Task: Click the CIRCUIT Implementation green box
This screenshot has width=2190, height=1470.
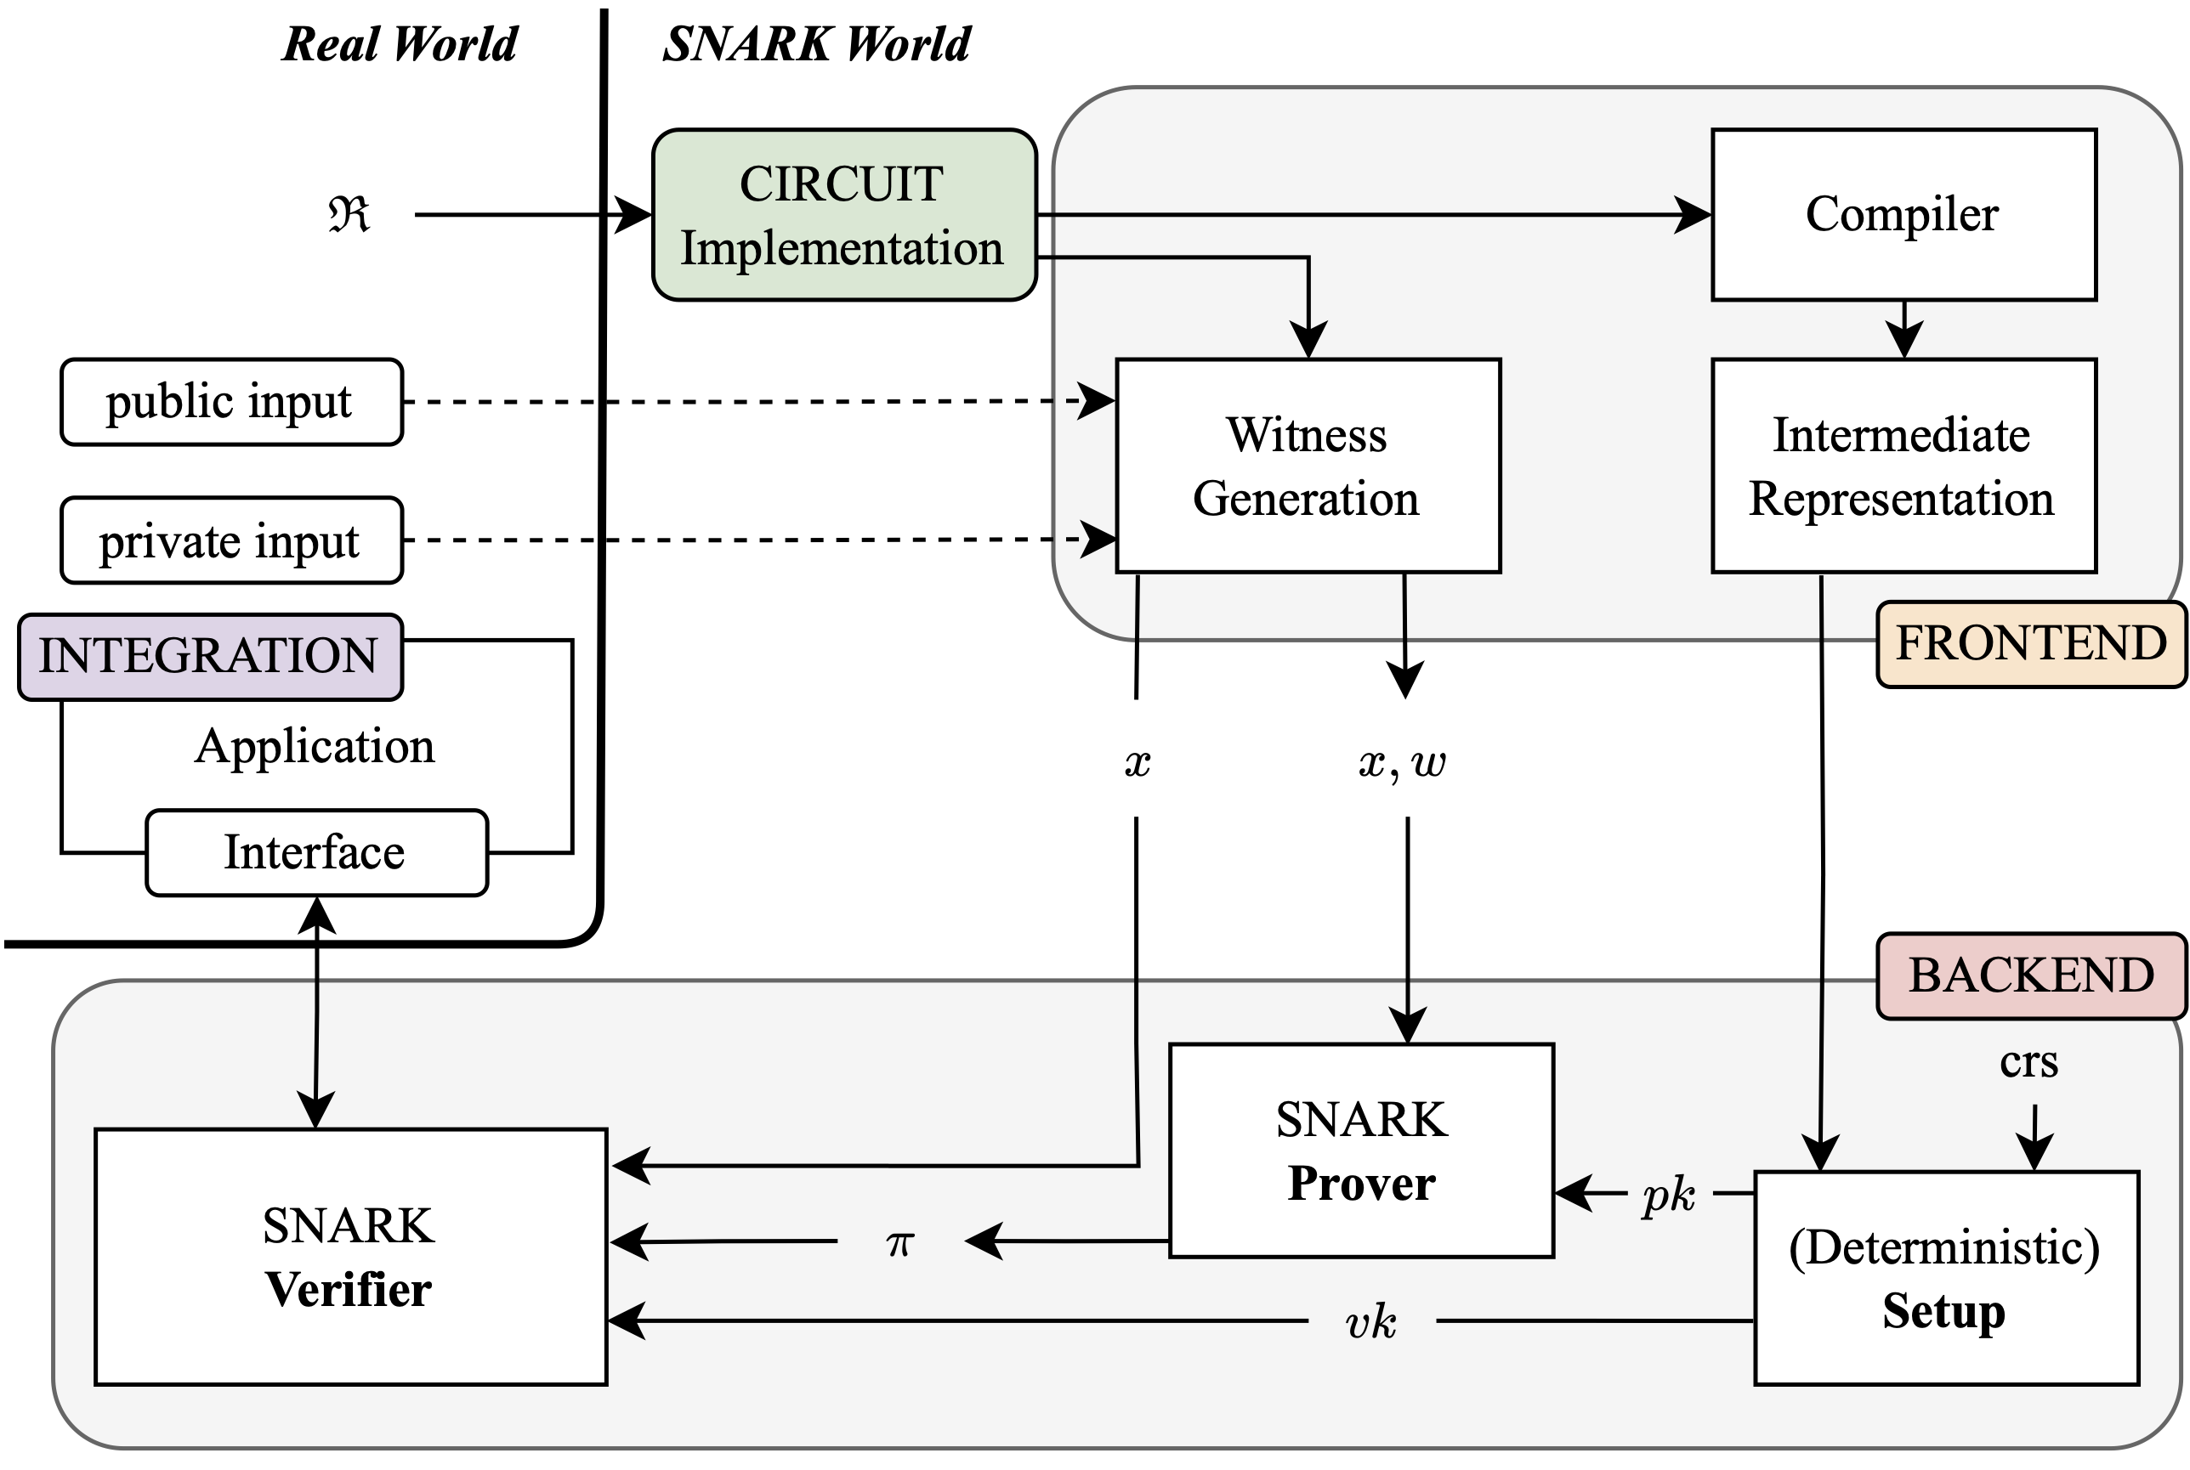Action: pyautogui.click(x=843, y=215)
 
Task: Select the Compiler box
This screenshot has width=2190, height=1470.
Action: pyautogui.click(x=1902, y=215)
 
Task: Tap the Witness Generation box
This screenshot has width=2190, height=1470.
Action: pyautogui.click(x=1307, y=465)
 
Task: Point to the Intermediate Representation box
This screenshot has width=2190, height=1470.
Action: pyautogui.click(x=1902, y=465)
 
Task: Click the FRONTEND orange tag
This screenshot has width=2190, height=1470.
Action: pyautogui.click(x=2029, y=644)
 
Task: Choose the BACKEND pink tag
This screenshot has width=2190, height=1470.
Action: pyautogui.click(x=2029, y=975)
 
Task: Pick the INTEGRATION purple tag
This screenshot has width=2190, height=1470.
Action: pyautogui.click(x=209, y=655)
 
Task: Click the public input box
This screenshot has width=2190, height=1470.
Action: pyautogui.click(x=230, y=401)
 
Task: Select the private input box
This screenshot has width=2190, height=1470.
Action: pyautogui.click(x=230, y=540)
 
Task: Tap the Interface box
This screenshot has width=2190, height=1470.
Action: pyautogui.click(x=316, y=852)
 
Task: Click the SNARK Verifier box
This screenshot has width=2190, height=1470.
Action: pyautogui.click(x=349, y=1256)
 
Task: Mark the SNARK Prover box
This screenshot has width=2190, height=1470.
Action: pyautogui.click(x=1360, y=1151)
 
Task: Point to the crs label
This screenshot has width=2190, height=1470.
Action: pyautogui.click(x=2028, y=1062)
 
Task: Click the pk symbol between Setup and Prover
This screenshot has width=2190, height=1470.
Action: pyautogui.click(x=1668, y=1195)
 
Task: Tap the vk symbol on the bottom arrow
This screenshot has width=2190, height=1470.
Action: pyautogui.click(x=1370, y=1322)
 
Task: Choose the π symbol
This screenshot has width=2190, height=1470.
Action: pyautogui.click(x=899, y=1242)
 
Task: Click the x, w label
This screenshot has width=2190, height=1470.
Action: pyautogui.click(x=1401, y=762)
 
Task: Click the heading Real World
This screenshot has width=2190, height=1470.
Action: pyautogui.click(x=400, y=44)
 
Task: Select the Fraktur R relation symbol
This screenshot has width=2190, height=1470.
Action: pyautogui.click(x=349, y=215)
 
